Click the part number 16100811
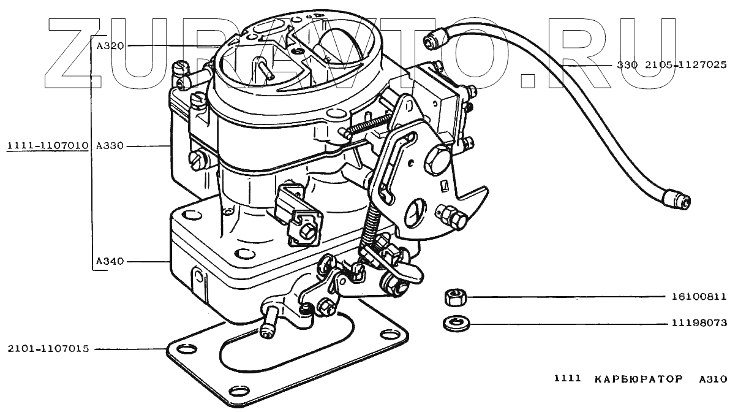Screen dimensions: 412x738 pyautogui.click(x=697, y=297)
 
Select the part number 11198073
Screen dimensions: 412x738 pyautogui.click(x=697, y=322)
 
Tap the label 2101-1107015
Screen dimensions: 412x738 pyautogui.click(x=48, y=349)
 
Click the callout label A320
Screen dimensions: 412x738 pyautogui.click(x=110, y=45)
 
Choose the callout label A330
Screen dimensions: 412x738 pyautogui.click(x=110, y=146)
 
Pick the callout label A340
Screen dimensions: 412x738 pyautogui.click(x=110, y=262)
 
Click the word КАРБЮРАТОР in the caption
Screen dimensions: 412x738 pyautogui.click(x=638, y=380)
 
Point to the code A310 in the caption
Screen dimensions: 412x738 pyautogui.click(x=712, y=380)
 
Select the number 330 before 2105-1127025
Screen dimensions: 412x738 pyautogui.click(x=627, y=64)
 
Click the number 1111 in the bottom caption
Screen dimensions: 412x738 pyautogui.click(x=567, y=380)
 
